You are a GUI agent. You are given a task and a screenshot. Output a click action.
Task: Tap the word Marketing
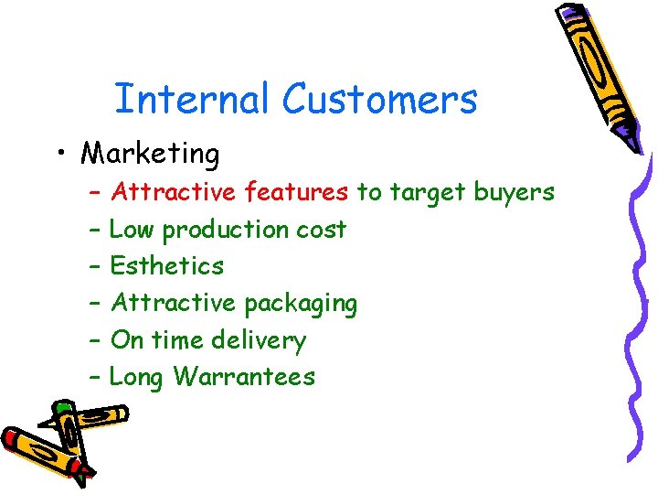pyautogui.click(x=151, y=154)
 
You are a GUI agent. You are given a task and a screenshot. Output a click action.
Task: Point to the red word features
pyautogui.click(x=297, y=192)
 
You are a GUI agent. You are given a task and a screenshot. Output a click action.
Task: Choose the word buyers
pyautogui.click(x=514, y=193)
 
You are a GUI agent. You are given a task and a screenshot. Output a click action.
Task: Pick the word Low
pyautogui.click(x=131, y=230)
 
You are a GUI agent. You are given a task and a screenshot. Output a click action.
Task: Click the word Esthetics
pyautogui.click(x=166, y=266)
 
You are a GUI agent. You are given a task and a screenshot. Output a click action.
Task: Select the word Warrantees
pyautogui.click(x=244, y=377)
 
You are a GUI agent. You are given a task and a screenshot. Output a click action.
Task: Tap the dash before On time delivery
pyautogui.click(x=96, y=340)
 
